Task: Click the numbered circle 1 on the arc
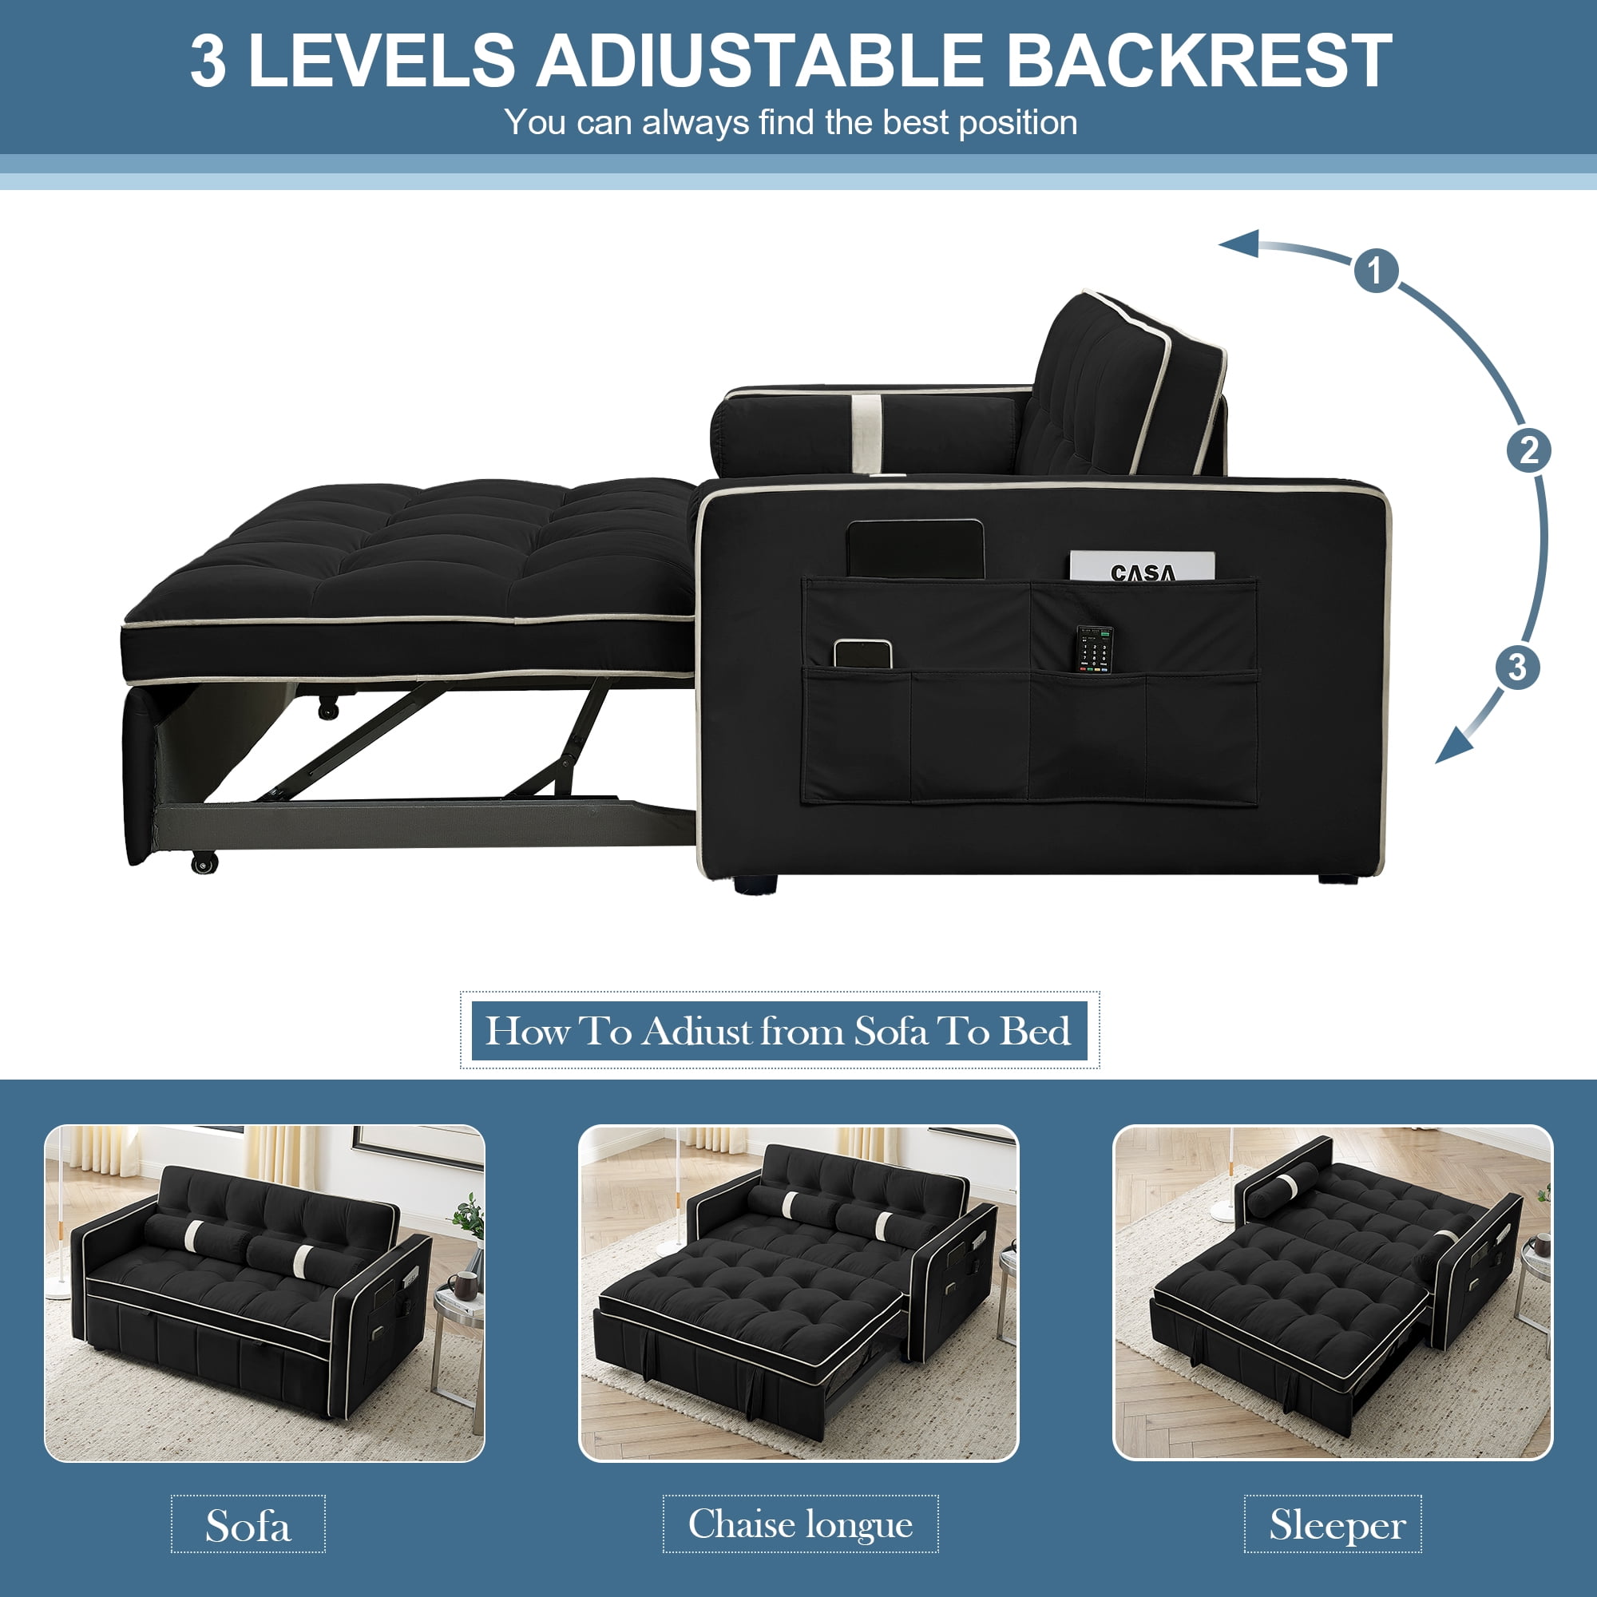pos(1377,271)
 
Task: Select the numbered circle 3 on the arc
pos(1517,667)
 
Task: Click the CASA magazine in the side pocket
pos(1143,567)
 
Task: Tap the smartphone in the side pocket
pos(862,654)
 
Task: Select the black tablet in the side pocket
pos(916,548)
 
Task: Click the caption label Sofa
pos(248,1525)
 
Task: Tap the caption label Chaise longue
pos(800,1524)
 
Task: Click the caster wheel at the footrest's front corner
pos(204,863)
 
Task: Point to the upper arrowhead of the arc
pos(1240,244)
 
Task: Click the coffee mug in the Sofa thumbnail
pos(462,1284)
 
